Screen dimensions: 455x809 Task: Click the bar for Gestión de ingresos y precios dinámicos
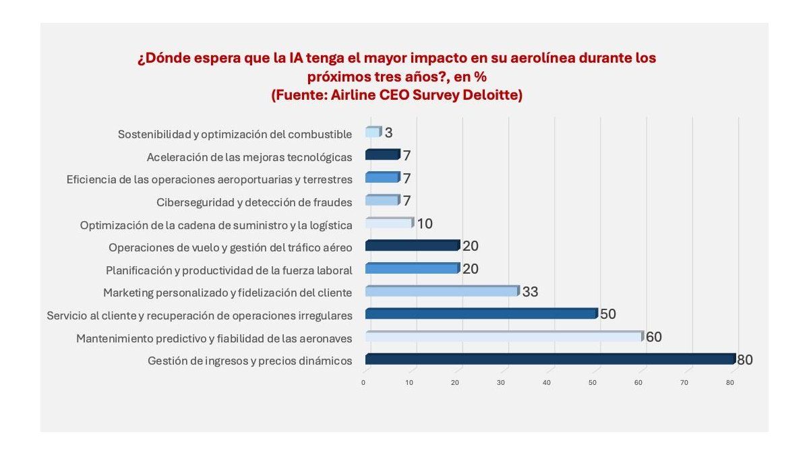coord(549,359)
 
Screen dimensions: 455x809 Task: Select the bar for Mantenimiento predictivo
coord(504,336)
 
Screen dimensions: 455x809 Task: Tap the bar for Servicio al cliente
coord(481,313)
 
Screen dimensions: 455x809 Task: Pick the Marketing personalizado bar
coord(442,291)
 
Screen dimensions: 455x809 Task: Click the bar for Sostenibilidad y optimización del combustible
coord(373,132)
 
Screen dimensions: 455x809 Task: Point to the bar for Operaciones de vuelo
coord(412,246)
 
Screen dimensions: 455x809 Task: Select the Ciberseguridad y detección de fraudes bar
coord(382,200)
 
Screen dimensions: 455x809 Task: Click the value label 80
coord(744,360)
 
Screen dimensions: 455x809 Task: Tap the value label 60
coord(653,337)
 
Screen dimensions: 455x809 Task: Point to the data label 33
coord(529,292)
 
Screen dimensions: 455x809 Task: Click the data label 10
coord(425,223)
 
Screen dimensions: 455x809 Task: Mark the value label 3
coord(388,133)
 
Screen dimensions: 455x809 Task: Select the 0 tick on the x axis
coord(363,383)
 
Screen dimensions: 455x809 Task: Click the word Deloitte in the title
coord(491,95)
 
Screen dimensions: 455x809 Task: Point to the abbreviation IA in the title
coord(296,58)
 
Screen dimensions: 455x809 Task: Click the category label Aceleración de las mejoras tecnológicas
coord(249,157)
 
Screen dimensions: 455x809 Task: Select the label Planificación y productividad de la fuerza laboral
coord(229,270)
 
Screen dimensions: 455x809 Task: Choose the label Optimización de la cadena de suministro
coord(216,224)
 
